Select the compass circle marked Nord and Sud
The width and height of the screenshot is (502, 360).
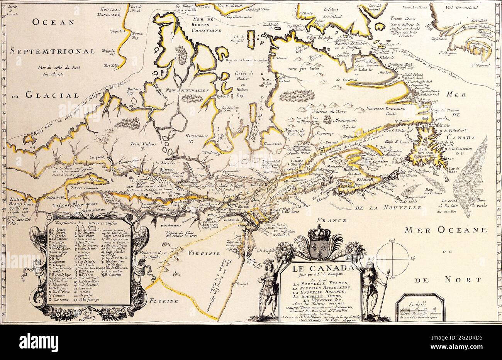[392, 257]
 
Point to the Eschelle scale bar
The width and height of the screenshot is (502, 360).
[421, 309]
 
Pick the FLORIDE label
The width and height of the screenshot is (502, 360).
[164, 300]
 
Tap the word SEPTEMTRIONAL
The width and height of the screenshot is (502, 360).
[53, 51]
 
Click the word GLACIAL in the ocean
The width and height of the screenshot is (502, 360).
[53, 95]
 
